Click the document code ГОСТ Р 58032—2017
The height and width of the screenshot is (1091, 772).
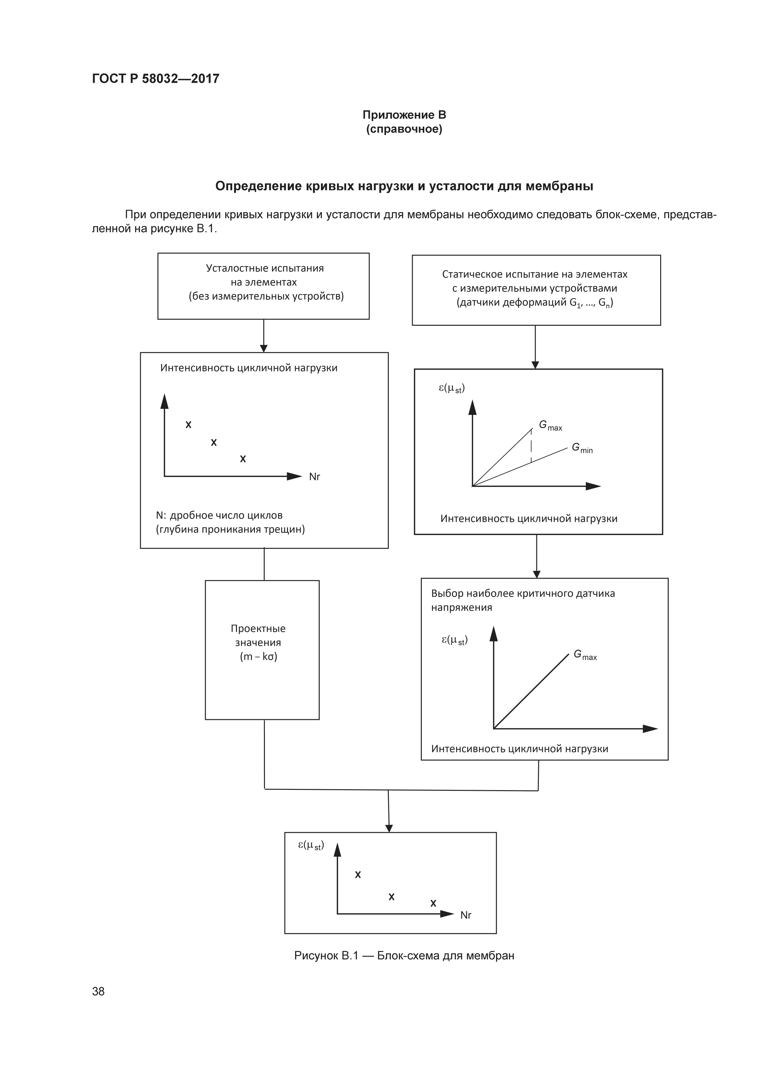(x=155, y=78)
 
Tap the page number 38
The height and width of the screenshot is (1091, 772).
(x=98, y=991)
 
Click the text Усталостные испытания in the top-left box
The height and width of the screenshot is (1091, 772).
(x=265, y=268)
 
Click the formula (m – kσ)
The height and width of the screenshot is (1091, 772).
(x=258, y=657)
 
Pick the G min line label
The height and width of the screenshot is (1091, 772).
(x=582, y=448)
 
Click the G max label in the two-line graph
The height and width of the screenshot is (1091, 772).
(x=550, y=426)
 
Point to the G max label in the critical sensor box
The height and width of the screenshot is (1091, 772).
(x=585, y=655)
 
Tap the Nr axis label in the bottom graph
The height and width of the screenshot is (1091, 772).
(x=465, y=915)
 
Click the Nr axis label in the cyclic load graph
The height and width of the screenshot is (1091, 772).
(x=314, y=477)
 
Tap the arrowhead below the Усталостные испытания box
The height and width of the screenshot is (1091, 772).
(x=264, y=348)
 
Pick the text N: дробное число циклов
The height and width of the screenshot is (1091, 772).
(x=219, y=515)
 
